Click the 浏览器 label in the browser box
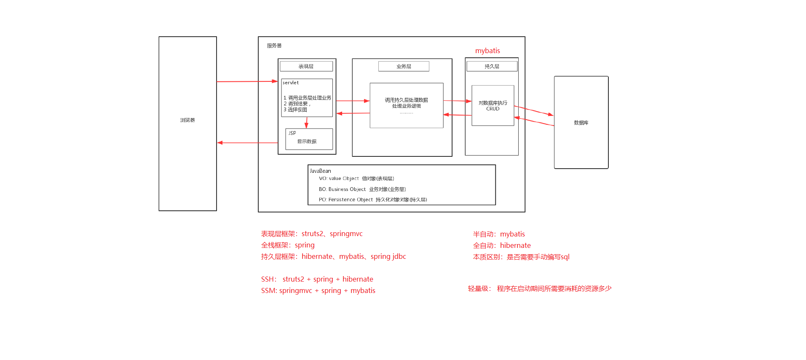[187, 120]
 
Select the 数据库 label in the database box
[581, 123]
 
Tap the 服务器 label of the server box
[274, 46]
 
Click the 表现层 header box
[306, 66]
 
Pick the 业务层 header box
[404, 66]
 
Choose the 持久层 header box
[492, 66]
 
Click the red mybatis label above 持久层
[487, 51]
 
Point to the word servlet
[291, 83]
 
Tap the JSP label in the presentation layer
[292, 133]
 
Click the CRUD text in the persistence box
[493, 109]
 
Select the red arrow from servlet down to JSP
[306, 123]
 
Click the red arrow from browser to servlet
[247, 81]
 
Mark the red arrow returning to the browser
[247, 143]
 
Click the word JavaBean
[320, 171]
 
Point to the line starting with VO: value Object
[356, 179]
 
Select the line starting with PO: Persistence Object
[372, 200]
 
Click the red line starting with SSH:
[317, 279]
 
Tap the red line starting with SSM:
[318, 290]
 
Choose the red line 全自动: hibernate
[502, 245]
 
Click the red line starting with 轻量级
[540, 289]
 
